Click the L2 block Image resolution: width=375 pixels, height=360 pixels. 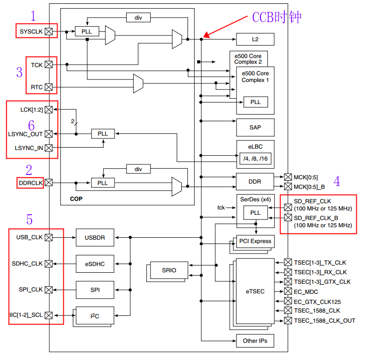[x=255, y=39]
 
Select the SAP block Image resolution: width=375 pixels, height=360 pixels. [x=255, y=128]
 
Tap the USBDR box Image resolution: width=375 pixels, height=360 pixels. [x=94, y=237]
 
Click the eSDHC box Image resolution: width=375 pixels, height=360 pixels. [x=94, y=264]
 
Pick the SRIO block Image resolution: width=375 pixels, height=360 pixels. [x=169, y=270]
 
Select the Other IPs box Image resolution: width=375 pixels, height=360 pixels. [x=255, y=341]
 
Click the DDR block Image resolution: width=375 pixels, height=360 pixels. [x=255, y=181]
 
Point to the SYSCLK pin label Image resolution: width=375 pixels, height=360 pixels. [x=31, y=32]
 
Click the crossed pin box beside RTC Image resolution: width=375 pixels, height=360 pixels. [x=48, y=88]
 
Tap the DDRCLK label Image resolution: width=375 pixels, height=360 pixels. [x=31, y=183]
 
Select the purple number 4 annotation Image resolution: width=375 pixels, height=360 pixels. [x=337, y=181]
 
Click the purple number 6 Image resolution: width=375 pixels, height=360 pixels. [x=31, y=126]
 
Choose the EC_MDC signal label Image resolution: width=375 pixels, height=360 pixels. [x=306, y=291]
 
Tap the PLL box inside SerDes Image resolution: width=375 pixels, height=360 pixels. [x=256, y=212]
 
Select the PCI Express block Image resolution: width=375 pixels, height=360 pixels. [x=255, y=241]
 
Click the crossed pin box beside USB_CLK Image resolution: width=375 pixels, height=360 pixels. [x=48, y=237]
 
